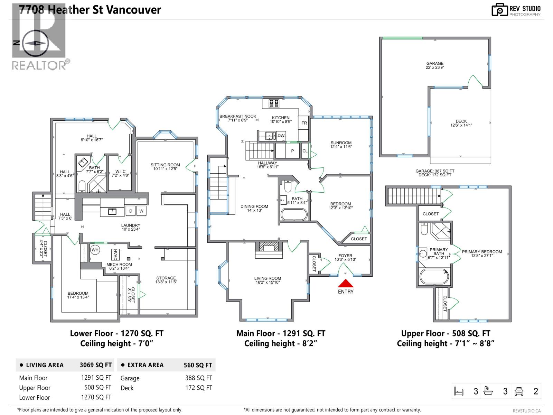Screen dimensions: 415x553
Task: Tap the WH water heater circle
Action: pos(95,250)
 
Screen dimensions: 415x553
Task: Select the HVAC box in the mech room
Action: pos(115,255)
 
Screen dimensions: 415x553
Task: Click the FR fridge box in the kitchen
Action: pos(304,123)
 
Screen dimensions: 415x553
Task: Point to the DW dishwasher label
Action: pos(281,136)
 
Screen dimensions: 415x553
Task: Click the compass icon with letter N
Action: pos(34,43)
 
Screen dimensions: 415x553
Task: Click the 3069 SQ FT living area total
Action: pos(95,365)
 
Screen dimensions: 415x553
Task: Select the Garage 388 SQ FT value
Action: pos(198,378)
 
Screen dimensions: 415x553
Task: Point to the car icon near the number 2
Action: pos(519,391)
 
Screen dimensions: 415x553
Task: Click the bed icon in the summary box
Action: pos(458,391)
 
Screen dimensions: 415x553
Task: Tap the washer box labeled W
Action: pos(141,211)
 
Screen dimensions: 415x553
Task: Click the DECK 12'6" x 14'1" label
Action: pos(461,123)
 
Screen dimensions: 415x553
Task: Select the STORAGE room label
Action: pos(166,280)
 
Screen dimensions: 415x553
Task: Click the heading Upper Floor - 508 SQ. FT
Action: pos(446,333)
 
